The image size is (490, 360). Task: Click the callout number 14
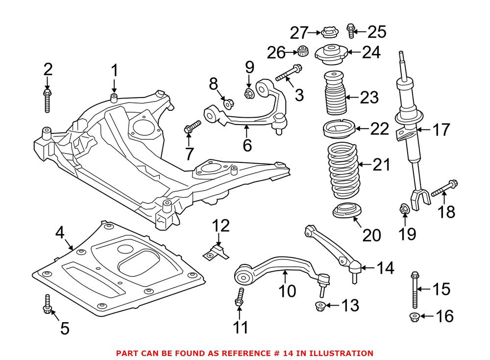(x=385, y=268)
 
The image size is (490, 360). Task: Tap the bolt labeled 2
(x=48, y=100)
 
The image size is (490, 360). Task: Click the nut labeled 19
(x=404, y=209)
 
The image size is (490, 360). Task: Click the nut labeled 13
(x=319, y=307)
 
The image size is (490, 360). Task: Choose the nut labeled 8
(x=228, y=103)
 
